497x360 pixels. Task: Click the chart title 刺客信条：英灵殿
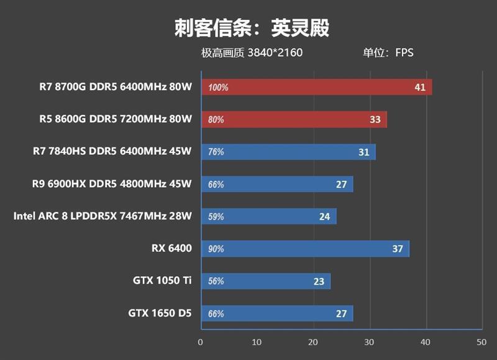252,28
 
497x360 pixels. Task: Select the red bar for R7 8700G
316,87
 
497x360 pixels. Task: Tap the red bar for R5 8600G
294,119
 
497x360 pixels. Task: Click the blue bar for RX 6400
305,249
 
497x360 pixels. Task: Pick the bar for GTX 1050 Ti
265,281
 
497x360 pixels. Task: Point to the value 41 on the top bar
420,87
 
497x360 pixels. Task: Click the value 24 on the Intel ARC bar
324,216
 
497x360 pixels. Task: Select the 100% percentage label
218,88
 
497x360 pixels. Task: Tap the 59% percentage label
216,217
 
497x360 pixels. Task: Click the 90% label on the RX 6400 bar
216,249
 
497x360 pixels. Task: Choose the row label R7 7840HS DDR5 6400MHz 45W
112,151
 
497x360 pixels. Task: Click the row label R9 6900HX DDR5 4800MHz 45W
112,183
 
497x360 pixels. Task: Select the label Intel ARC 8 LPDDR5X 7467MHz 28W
103,216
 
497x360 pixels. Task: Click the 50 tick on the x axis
481,342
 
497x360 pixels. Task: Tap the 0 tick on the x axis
200,342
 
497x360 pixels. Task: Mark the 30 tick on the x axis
368,342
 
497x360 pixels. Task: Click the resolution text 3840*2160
275,53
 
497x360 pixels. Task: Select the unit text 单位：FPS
388,53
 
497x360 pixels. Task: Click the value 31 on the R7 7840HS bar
363,152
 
